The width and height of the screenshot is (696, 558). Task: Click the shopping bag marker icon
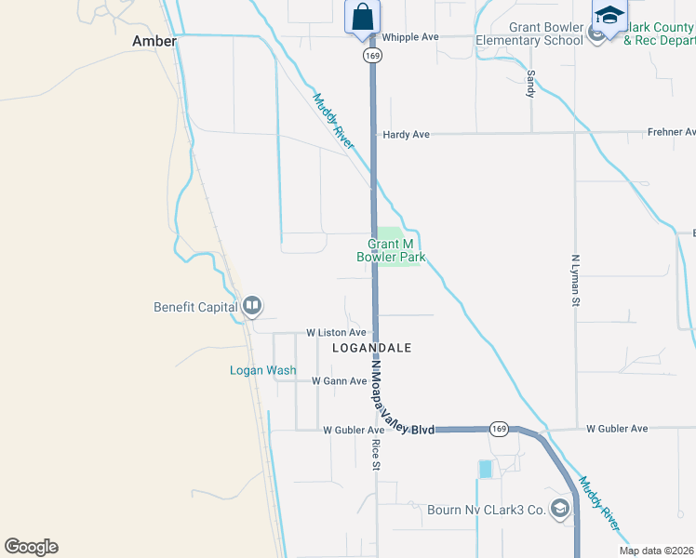point(362,17)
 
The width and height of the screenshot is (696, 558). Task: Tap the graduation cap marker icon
point(609,17)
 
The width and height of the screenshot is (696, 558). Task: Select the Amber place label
point(154,41)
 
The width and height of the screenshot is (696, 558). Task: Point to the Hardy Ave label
point(406,135)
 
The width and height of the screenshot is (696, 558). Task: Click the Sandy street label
point(531,85)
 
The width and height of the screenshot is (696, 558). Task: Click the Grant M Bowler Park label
point(391,250)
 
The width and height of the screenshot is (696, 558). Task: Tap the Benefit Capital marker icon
point(252,306)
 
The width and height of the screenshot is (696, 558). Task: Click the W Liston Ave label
point(336,332)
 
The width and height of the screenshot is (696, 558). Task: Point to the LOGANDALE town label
point(371,348)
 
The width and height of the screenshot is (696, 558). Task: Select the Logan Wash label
point(263,370)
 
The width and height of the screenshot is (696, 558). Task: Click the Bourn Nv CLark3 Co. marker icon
point(560,509)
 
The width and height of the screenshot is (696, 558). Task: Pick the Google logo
point(31,547)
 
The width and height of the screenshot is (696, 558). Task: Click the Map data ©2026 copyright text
point(657,551)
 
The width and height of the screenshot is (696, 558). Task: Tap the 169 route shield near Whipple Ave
point(373,56)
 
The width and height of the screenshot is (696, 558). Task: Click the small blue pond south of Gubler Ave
point(485,470)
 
